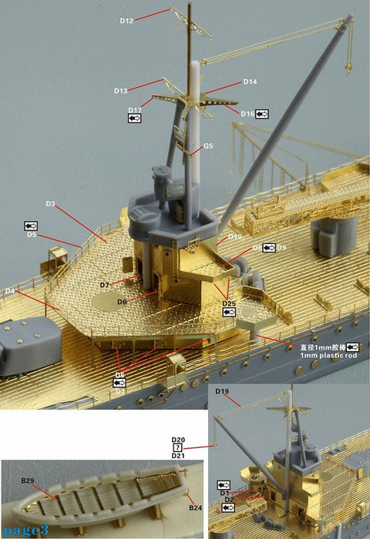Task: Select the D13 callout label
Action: click(x=120, y=91)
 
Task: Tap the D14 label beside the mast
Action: click(x=250, y=82)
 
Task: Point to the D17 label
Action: click(x=135, y=110)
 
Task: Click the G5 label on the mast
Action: click(x=208, y=146)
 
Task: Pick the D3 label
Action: click(x=50, y=203)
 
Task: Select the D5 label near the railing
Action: click(x=32, y=235)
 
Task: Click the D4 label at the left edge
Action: click(x=10, y=291)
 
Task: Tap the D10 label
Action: click(x=235, y=236)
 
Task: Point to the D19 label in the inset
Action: click(x=223, y=392)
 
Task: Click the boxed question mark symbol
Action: click(x=178, y=447)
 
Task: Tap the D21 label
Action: click(x=178, y=456)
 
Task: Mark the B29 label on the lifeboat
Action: click(x=29, y=480)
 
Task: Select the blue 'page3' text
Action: click(x=20, y=531)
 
